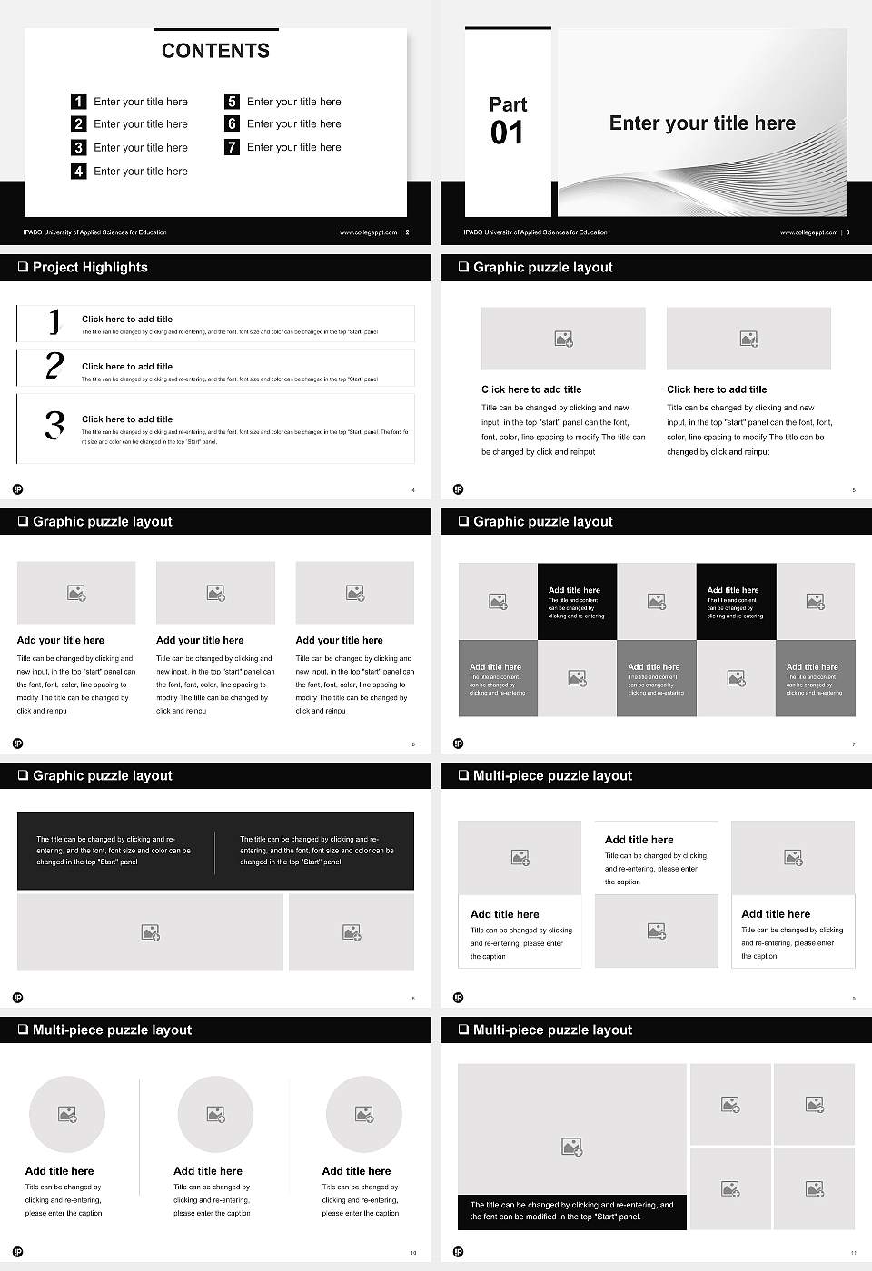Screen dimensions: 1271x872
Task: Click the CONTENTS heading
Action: pyautogui.click(x=215, y=51)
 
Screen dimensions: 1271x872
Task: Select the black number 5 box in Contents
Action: pyautogui.click(x=233, y=102)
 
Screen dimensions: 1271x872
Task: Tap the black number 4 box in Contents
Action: pyautogui.click(x=79, y=171)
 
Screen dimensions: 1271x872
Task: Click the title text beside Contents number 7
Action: pyautogui.click(x=293, y=147)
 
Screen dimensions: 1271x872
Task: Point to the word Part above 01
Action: pyautogui.click(x=508, y=104)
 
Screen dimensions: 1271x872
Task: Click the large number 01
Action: pyautogui.click(x=507, y=133)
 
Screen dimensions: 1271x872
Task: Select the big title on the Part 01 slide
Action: pyautogui.click(x=702, y=123)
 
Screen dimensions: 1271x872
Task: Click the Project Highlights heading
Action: pyautogui.click(x=90, y=267)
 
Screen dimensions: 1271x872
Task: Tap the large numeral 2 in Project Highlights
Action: pyautogui.click(x=54, y=366)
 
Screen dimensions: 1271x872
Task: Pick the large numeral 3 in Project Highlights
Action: pyautogui.click(x=54, y=425)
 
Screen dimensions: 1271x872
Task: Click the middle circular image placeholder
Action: pyautogui.click(x=215, y=1114)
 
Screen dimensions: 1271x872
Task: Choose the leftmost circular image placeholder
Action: pyautogui.click(x=67, y=1114)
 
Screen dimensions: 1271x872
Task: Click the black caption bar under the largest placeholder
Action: pyautogui.click(x=571, y=1211)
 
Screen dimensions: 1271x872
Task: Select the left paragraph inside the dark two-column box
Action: pyautogui.click(x=114, y=851)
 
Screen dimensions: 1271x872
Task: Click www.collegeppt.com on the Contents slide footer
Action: pyautogui.click(x=368, y=232)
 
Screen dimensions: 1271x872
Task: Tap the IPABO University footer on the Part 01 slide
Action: pyautogui.click(x=535, y=232)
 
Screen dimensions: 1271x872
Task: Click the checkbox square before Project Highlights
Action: pyautogui.click(x=23, y=267)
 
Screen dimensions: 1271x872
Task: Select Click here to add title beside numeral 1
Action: pyautogui.click(x=127, y=319)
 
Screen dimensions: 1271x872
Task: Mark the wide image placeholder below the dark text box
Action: pyautogui.click(x=150, y=932)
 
